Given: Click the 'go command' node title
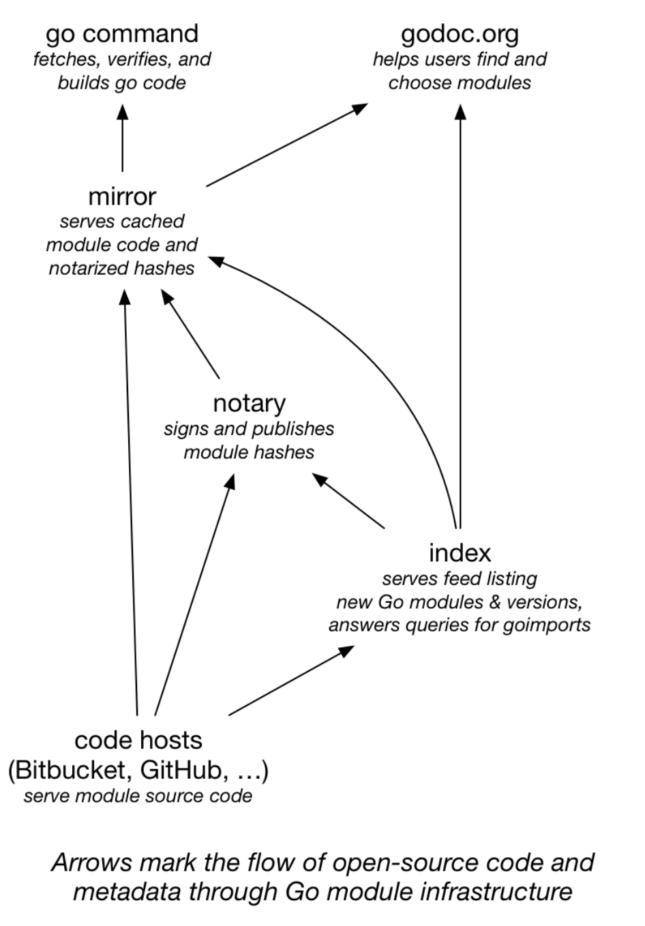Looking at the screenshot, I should coord(122,33).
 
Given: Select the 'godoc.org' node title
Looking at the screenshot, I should coord(460,33).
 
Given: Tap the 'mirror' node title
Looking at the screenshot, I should coord(122,196).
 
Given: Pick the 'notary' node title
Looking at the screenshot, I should coord(249,403).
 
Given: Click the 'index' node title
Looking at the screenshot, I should coord(460,552).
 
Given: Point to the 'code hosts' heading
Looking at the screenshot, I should coord(138,740).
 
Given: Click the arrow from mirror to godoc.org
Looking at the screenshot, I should coord(286,145).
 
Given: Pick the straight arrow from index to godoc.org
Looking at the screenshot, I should coord(460,314).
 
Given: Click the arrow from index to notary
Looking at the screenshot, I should coord(349,501).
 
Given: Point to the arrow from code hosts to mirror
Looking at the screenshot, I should coord(131,505).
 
